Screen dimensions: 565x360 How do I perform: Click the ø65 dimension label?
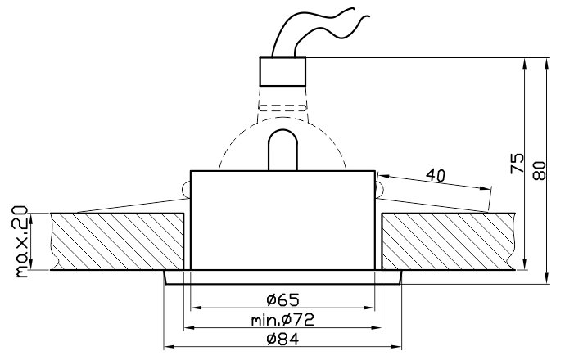[x=282, y=299]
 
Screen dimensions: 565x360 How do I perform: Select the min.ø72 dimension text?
[x=282, y=320]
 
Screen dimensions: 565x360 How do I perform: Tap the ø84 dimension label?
[x=282, y=339]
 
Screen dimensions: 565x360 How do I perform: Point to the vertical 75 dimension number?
[x=517, y=163]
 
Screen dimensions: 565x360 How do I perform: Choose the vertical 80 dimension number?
[x=540, y=171]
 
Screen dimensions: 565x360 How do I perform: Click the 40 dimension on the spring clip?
[x=436, y=175]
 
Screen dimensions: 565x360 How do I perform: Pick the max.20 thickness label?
[x=21, y=241]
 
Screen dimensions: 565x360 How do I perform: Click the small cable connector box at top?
[x=282, y=72]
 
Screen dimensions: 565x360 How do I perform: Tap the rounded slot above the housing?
[x=282, y=150]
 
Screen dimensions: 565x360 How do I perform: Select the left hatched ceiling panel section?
[x=117, y=241]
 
